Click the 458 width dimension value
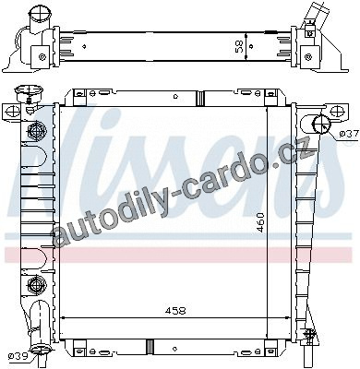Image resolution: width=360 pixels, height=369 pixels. [175, 311]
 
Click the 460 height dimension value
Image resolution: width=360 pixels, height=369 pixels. [260, 222]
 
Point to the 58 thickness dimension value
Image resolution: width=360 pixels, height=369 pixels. [239, 47]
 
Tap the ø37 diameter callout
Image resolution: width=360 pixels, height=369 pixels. [349, 134]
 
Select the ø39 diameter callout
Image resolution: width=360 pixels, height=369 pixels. [18, 356]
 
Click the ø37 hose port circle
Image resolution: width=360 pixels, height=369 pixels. [321, 124]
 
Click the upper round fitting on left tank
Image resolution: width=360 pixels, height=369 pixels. [37, 130]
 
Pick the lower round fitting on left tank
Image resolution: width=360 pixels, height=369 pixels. [37, 284]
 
